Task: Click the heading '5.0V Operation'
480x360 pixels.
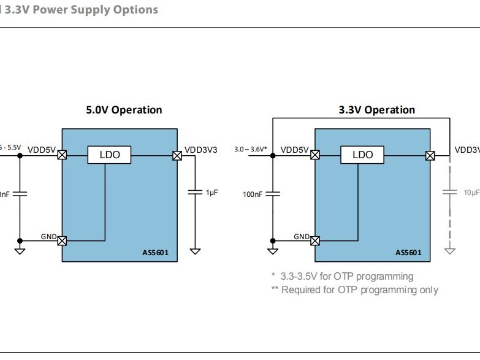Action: click(x=124, y=110)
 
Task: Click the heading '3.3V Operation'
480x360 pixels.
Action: click(x=376, y=110)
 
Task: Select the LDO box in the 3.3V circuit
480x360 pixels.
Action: click(x=362, y=155)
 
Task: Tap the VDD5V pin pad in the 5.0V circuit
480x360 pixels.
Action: click(x=62, y=155)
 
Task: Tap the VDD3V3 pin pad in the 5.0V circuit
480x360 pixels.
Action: click(x=177, y=155)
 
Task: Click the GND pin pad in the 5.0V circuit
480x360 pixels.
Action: click(x=62, y=240)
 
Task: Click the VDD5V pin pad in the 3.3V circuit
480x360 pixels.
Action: click(x=314, y=155)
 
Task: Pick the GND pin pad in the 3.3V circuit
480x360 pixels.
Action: click(x=314, y=240)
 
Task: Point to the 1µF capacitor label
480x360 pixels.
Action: click(x=212, y=193)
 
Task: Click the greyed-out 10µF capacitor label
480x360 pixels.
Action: click(x=471, y=193)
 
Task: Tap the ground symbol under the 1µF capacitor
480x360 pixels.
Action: click(x=195, y=251)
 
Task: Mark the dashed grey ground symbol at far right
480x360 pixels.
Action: click(x=450, y=251)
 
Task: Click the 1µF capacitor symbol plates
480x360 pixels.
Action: click(x=195, y=193)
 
